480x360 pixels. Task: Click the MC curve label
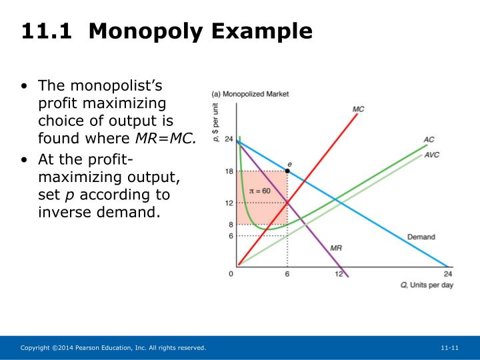(358, 109)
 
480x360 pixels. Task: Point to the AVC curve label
(432, 154)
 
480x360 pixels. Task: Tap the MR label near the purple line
(337, 247)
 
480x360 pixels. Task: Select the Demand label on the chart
(421, 237)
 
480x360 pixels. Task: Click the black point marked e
(287, 171)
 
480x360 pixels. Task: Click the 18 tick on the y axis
(228, 171)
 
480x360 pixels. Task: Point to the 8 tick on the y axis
(230, 225)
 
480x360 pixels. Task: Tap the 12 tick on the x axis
(338, 274)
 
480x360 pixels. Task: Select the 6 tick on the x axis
(287, 274)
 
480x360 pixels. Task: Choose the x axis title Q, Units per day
(426, 285)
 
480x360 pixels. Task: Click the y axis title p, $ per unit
(216, 118)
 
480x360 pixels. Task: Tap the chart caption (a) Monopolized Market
(250, 94)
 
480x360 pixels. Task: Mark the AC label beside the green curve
(429, 139)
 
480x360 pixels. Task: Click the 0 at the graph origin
(231, 274)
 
